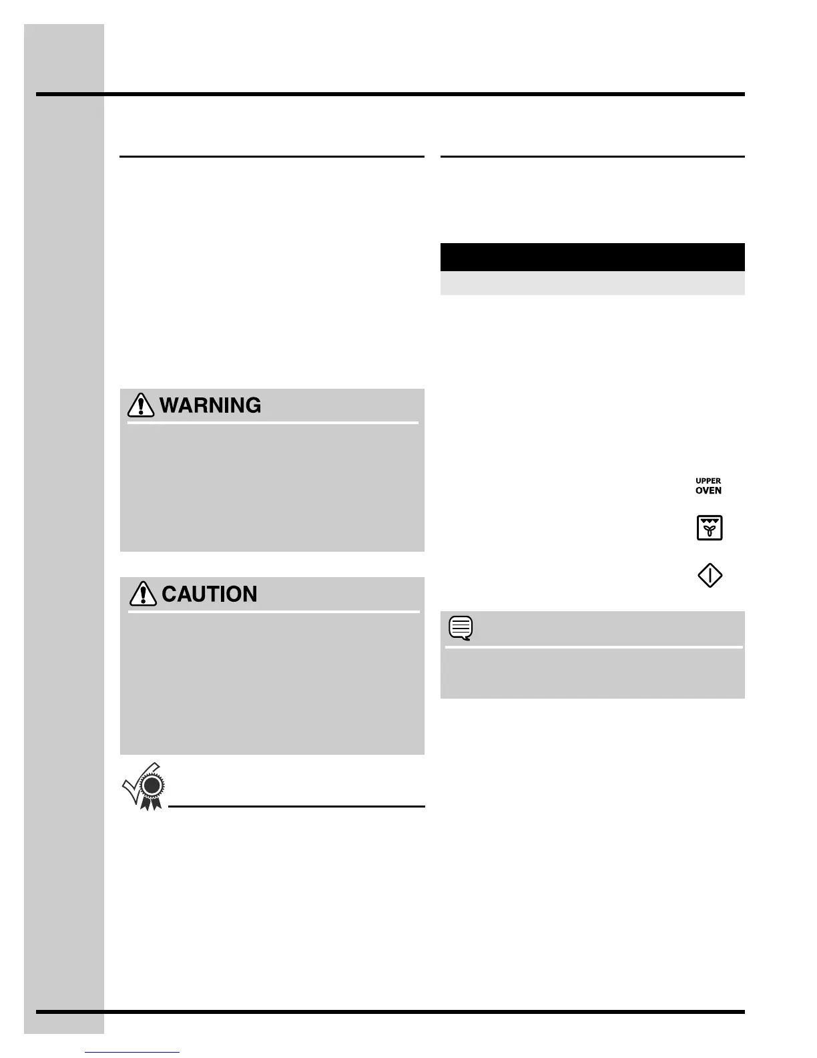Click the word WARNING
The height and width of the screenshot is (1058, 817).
point(210,405)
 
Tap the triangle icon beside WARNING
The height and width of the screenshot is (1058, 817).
point(141,405)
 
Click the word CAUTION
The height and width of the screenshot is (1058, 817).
point(210,594)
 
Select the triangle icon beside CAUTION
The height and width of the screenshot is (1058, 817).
point(142,594)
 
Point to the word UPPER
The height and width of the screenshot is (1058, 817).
point(708,481)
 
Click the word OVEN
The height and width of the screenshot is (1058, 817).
point(708,491)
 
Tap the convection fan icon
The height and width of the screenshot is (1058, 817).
point(710,528)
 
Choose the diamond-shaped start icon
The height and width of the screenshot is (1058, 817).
point(710,575)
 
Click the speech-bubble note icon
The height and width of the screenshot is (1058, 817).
point(461,628)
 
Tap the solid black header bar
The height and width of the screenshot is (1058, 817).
point(592,257)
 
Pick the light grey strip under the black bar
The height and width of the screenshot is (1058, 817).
point(592,283)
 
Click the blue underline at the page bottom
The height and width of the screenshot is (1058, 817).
point(133,1053)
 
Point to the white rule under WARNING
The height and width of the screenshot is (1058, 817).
point(272,423)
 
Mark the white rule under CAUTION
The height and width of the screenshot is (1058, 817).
point(274,611)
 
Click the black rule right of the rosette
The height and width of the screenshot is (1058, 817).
point(296,807)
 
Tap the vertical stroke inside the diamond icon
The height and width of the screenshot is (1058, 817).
point(710,575)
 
